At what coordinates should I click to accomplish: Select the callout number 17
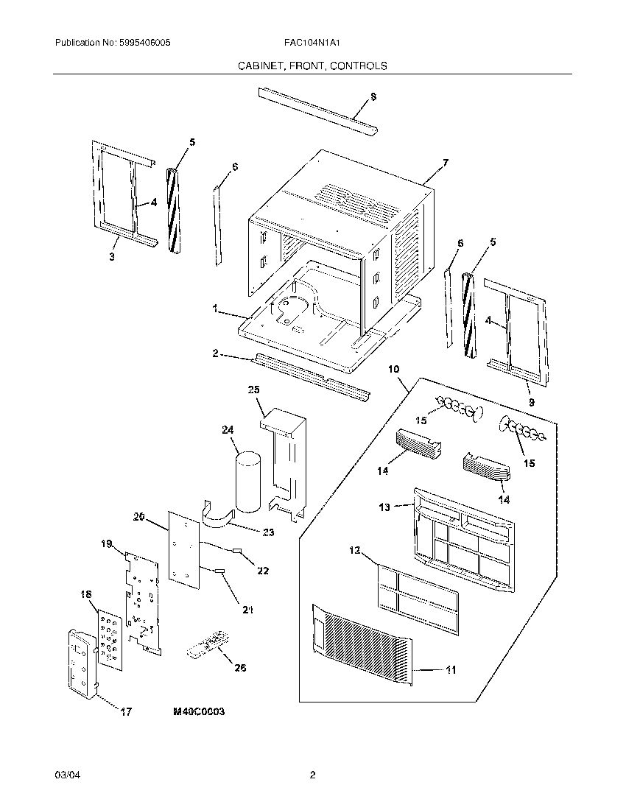(125, 711)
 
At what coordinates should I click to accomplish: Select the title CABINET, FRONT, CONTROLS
(312, 66)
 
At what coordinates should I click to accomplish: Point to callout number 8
(373, 96)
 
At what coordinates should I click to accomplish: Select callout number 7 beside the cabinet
(445, 161)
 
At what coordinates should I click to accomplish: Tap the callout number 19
(106, 544)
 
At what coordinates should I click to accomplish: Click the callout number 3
(112, 256)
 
